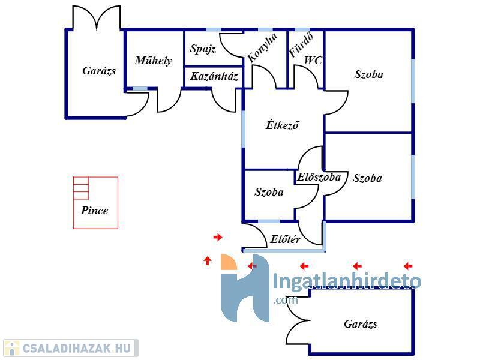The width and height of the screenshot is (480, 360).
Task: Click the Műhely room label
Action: tap(153, 60)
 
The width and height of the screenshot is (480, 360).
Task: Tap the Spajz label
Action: tap(203, 49)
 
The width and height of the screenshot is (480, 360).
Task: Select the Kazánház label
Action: tap(214, 76)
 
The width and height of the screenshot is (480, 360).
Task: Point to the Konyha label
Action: tap(262, 48)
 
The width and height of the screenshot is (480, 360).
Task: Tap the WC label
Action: tap(313, 60)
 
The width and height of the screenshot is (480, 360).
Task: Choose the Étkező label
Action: tap(282, 125)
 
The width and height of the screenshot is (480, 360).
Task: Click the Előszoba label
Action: tap(319, 177)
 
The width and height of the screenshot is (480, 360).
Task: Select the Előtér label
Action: tap(285, 239)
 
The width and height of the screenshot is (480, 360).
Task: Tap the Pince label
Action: tap(95, 211)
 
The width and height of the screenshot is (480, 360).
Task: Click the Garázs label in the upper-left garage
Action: tap(99, 71)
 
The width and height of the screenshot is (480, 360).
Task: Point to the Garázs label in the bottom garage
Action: tap(361, 324)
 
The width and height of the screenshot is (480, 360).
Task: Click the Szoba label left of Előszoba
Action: tap(269, 192)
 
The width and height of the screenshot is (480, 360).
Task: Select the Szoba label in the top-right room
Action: tap(368, 75)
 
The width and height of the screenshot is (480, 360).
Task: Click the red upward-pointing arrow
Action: tap(208, 260)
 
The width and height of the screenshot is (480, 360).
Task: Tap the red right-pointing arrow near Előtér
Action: tap(218, 238)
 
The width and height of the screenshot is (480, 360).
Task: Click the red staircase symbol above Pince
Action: tap(80, 188)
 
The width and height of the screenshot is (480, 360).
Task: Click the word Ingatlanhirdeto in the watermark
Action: tap(347, 281)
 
